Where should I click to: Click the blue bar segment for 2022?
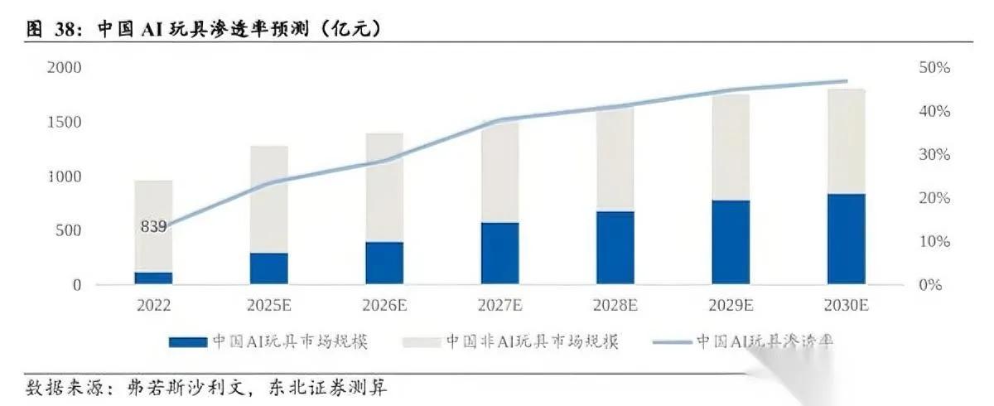(x=153, y=278)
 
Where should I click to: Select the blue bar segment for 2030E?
(x=846, y=239)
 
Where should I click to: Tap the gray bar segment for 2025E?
(x=268, y=199)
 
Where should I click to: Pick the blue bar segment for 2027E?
(x=499, y=253)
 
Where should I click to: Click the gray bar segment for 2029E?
(x=731, y=147)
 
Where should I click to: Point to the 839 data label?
(x=153, y=225)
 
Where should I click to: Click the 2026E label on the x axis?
(x=384, y=306)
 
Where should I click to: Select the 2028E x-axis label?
(x=615, y=306)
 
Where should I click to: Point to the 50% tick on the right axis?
(x=934, y=68)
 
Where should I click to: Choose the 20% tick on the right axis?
(x=934, y=198)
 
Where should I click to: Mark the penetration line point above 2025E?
(x=268, y=182)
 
